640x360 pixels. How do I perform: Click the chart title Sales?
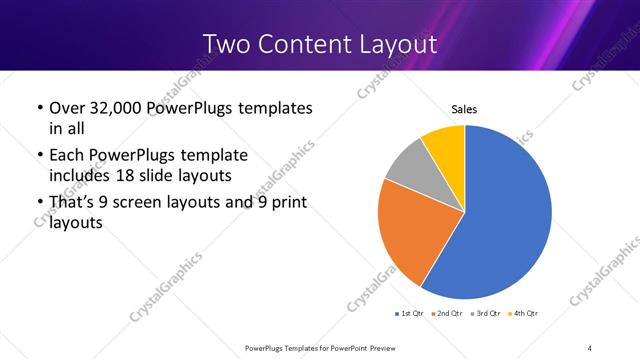tap(465, 109)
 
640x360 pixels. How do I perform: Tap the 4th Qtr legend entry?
tap(526, 314)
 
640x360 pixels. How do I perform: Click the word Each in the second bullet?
tap(66, 155)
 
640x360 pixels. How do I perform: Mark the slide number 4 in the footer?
tap(590, 347)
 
